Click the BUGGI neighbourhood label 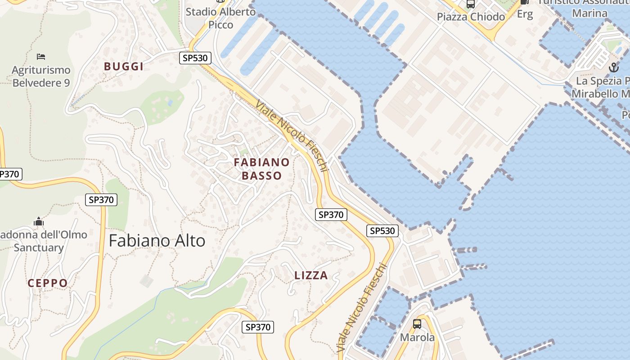(x=124, y=67)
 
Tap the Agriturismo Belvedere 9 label (x=41, y=76)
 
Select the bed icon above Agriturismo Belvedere (x=41, y=57)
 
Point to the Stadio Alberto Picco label (x=220, y=18)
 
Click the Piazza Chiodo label (x=471, y=17)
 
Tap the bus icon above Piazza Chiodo (x=471, y=4)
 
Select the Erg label (x=525, y=14)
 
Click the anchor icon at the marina (x=613, y=68)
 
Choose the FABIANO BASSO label (x=261, y=169)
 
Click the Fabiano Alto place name (x=157, y=241)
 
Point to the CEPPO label (x=48, y=283)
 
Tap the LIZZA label (x=311, y=275)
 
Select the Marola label (x=418, y=337)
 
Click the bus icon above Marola (x=417, y=324)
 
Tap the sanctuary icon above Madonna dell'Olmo (x=39, y=222)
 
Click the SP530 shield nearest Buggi (x=195, y=58)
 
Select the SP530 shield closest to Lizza (x=382, y=231)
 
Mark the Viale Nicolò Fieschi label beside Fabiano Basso (x=292, y=135)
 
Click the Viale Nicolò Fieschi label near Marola (x=362, y=308)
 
